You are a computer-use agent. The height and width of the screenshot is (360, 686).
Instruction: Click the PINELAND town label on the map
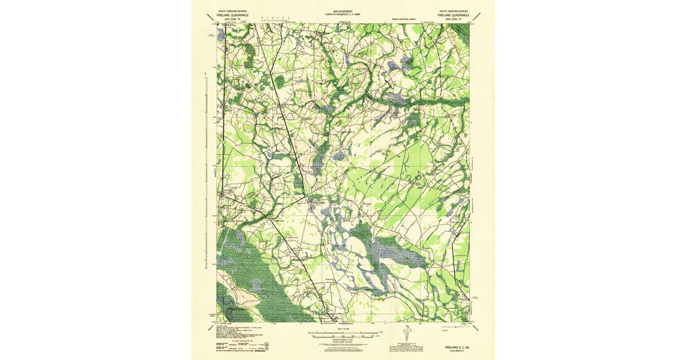coord(318,203)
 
